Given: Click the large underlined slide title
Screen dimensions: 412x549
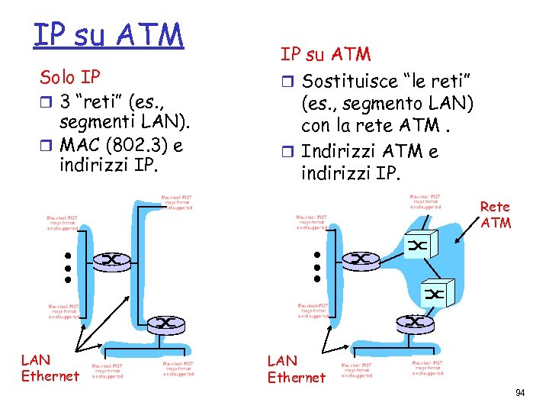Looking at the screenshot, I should pyautogui.click(x=108, y=34).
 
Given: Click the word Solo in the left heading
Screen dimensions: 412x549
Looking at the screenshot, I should pyautogui.click(x=56, y=78).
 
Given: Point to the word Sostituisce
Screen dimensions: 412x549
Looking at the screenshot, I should pyautogui.click(x=349, y=81).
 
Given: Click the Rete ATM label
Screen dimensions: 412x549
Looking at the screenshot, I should pyautogui.click(x=496, y=214).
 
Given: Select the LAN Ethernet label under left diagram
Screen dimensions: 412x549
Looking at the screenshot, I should pyautogui.click(x=50, y=367).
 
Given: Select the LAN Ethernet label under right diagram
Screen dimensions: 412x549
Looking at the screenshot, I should pyautogui.click(x=296, y=369).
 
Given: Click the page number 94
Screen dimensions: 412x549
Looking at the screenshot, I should pyautogui.click(x=520, y=393).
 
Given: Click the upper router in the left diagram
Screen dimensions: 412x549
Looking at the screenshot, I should pyautogui.click(x=112, y=261).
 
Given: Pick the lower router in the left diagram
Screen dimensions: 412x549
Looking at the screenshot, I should pyautogui.click(x=167, y=323).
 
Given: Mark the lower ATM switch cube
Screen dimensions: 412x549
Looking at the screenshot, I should pyautogui.click(x=437, y=293).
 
